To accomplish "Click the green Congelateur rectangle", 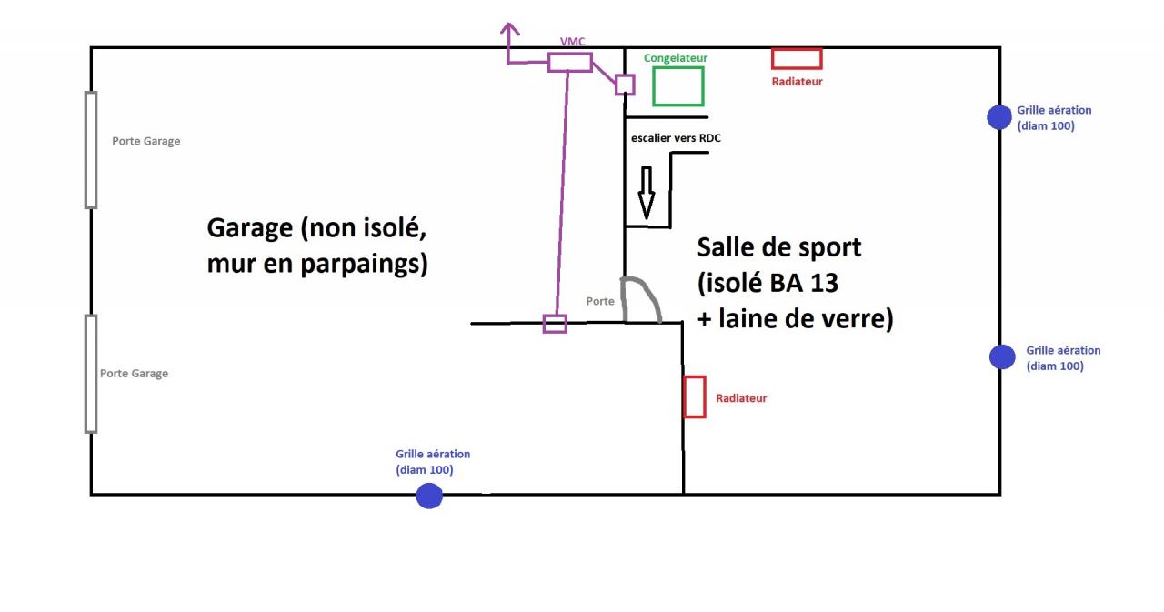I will (677, 86).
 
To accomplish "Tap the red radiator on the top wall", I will (797, 59).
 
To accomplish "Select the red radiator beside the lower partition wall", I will (695, 397).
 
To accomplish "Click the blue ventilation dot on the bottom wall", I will (428, 496).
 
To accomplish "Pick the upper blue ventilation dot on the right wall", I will (999, 117).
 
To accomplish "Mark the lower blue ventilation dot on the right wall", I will (1002, 357).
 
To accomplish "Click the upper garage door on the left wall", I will (91, 150).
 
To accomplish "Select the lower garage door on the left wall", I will (91, 374).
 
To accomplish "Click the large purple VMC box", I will (570, 63).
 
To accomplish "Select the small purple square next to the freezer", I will (625, 85).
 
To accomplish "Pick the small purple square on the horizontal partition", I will (555, 324).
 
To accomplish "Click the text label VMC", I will (572, 43).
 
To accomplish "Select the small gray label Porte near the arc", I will (600, 301).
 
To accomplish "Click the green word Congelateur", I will (675, 58).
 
